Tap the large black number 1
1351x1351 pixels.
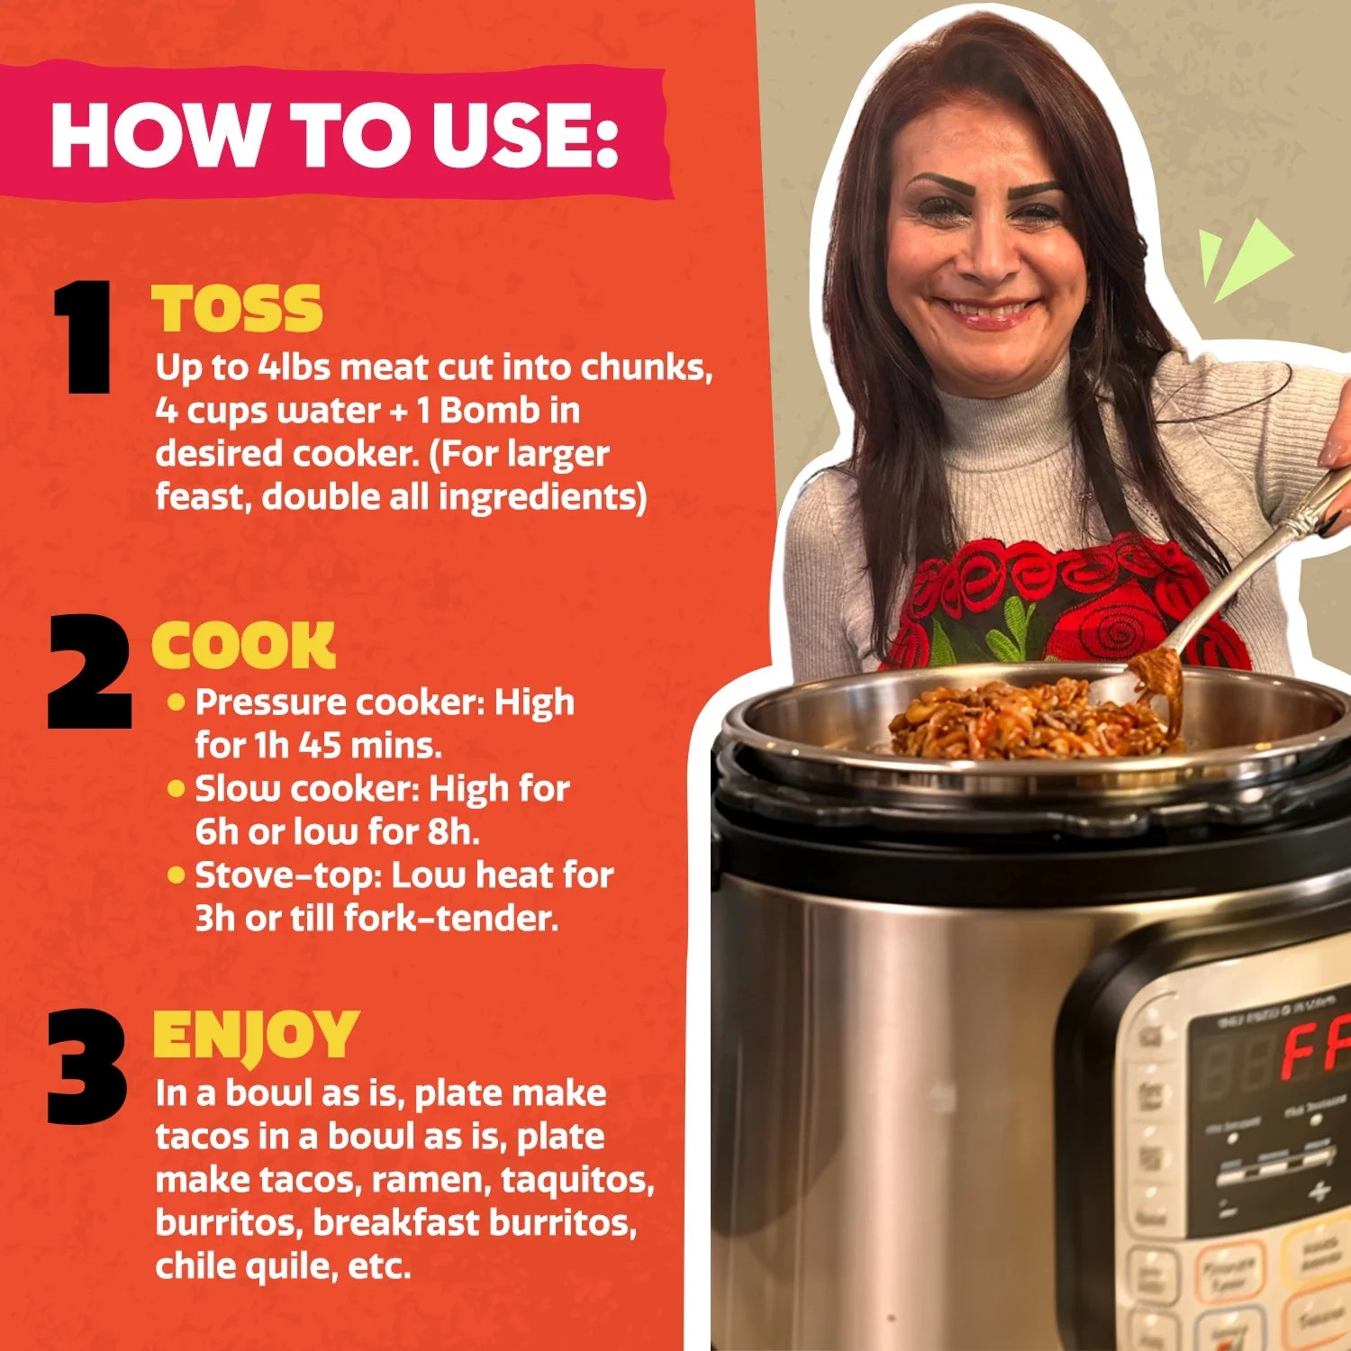(83, 337)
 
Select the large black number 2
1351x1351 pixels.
(88, 672)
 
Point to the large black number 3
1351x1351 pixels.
(86, 1066)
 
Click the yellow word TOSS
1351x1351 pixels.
(237, 309)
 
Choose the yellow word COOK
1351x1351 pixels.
(243, 645)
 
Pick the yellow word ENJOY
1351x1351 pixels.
(256, 1035)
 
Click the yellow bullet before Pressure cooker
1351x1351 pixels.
(177, 702)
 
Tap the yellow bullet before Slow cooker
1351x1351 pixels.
(177, 789)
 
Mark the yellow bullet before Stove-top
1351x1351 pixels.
(177, 875)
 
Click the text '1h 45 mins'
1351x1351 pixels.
(348, 746)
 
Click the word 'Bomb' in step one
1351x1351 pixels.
(490, 411)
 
